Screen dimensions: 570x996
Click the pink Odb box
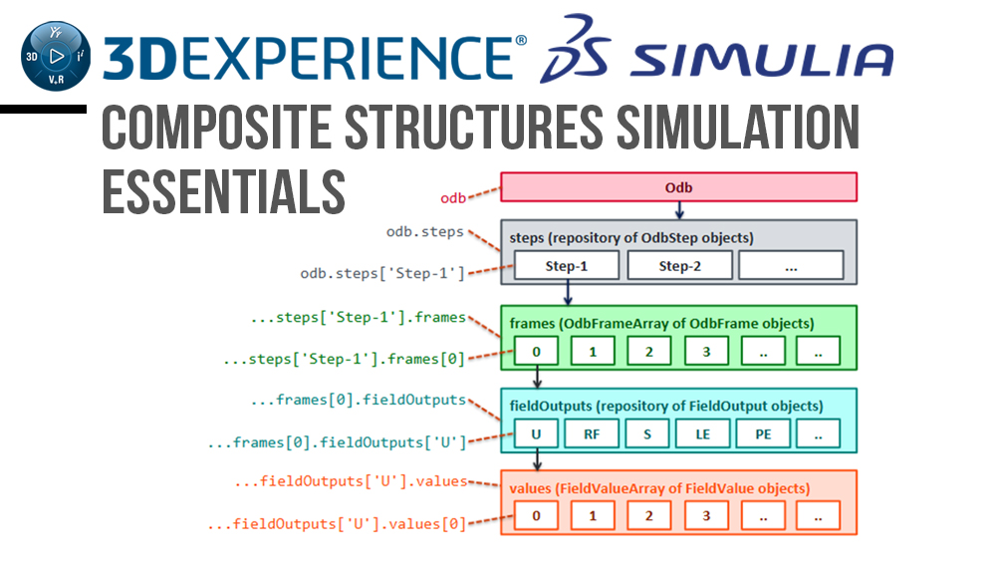pos(678,187)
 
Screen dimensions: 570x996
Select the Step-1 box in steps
pos(567,266)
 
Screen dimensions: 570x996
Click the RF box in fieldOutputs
pos(592,433)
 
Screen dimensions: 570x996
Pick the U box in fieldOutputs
pos(536,433)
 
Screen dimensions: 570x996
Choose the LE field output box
pos(703,433)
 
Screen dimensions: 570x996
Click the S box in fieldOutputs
pos(648,433)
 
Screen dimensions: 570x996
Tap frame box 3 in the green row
pos(705,350)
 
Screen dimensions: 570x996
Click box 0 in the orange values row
pos(536,516)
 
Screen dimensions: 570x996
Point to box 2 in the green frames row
pos(648,350)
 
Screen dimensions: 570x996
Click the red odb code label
pos(453,197)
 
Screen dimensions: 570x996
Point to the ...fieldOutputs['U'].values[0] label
pos(337,523)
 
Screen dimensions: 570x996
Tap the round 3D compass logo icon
pos(55,56)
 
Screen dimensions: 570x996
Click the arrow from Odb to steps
pos(679,210)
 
